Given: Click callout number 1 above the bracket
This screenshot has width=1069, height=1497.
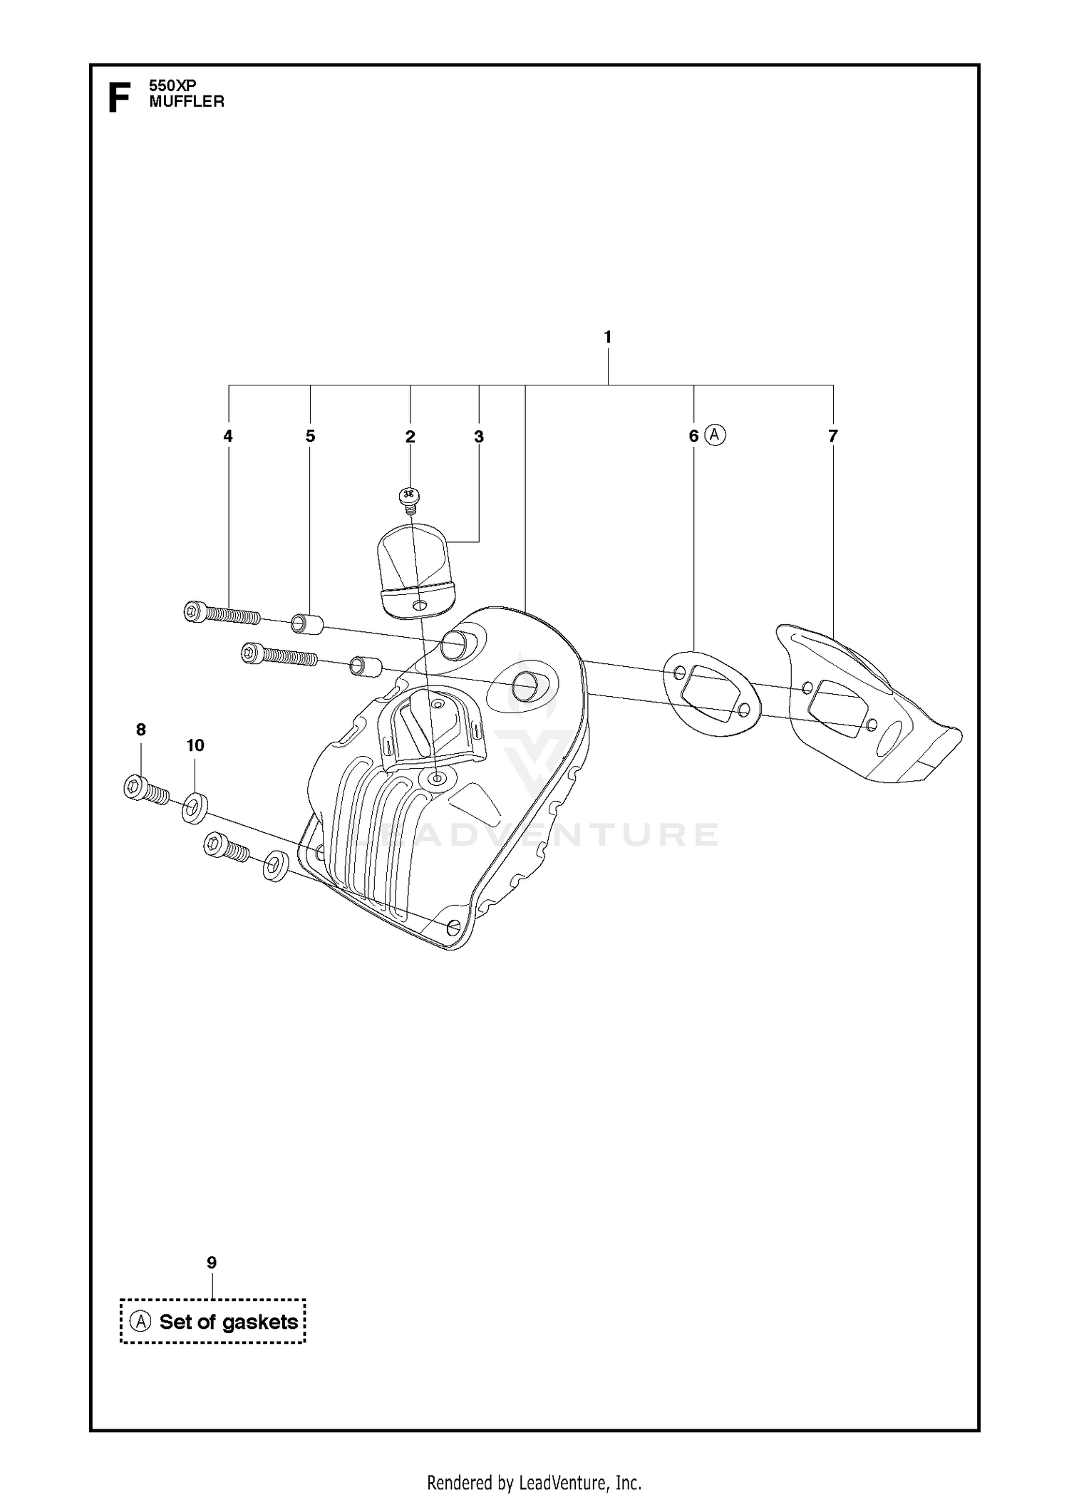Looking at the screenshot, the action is coord(607,337).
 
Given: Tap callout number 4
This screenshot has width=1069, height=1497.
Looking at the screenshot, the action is coord(228,436).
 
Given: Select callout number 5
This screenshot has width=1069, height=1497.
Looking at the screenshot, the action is coord(310,436).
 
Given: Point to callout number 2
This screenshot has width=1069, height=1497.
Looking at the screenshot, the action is coord(410,437).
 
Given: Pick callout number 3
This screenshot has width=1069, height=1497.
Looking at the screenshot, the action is coord(479,437).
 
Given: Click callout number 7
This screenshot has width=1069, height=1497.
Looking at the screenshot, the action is coord(833,435).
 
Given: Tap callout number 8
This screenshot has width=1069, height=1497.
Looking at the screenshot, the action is coord(141,730).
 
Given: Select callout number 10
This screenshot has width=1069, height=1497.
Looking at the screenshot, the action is coord(195,745).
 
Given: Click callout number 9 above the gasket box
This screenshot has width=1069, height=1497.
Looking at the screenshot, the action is coord(212,1263).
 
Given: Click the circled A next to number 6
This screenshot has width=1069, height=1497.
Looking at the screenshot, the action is coord(716,435).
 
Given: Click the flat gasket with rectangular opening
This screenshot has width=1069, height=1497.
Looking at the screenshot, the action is coord(712,692).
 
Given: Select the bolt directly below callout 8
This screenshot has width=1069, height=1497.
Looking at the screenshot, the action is coord(147,791).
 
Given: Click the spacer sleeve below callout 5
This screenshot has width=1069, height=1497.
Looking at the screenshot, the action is coord(307,624).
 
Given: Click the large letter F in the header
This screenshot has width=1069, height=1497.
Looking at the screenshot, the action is coord(118,98).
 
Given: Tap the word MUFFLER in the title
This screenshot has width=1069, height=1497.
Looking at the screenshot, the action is coord(187,102).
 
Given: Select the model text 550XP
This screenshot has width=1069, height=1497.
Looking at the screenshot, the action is coord(172,85).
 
